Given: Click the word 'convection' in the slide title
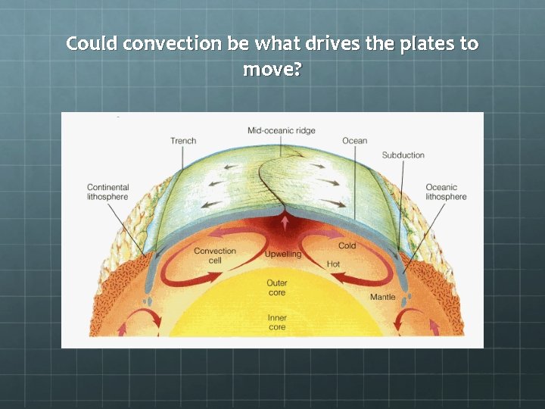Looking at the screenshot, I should click(x=172, y=43).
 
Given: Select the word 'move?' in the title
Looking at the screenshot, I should click(x=272, y=70).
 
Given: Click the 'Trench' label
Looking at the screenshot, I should click(x=183, y=141).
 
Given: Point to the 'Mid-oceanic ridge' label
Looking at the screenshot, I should click(x=280, y=131).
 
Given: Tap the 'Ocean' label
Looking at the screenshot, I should click(x=354, y=141).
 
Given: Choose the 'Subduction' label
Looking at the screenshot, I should click(x=403, y=155).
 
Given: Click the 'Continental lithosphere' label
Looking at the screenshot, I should click(x=108, y=192).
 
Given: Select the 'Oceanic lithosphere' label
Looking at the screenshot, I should click(x=446, y=192).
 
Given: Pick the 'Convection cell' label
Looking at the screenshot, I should click(x=215, y=256).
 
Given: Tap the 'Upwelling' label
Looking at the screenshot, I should click(x=283, y=254).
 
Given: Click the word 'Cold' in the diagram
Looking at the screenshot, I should click(x=347, y=246).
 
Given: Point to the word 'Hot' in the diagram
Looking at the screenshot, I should click(x=333, y=264).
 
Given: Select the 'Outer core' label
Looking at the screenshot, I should click(x=277, y=288).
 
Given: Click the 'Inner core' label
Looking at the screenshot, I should click(x=277, y=323).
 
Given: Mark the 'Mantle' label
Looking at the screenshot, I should click(x=382, y=297).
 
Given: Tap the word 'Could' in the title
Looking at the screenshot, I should click(x=92, y=43).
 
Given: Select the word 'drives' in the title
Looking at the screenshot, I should click(x=330, y=43).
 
